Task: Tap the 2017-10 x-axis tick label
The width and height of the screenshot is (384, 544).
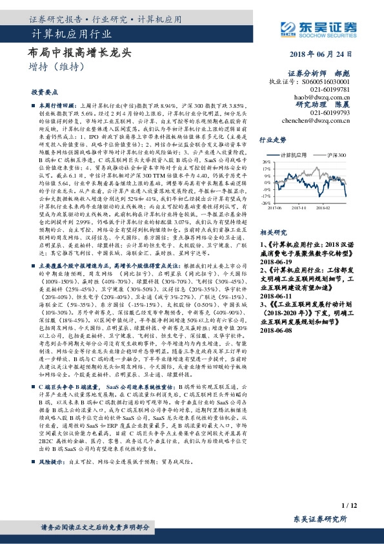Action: (299, 208)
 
